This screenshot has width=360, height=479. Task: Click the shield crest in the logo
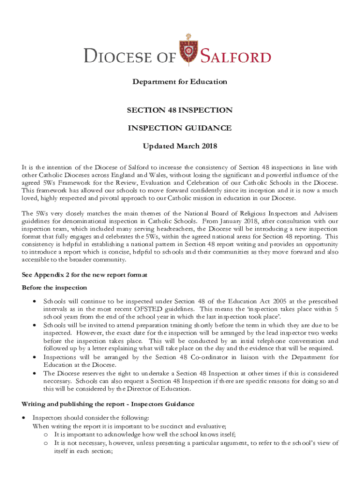[x=188, y=51]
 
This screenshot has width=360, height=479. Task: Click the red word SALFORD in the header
[x=236, y=57]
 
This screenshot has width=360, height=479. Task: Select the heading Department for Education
[x=180, y=82]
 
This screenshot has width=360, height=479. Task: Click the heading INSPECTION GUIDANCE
[x=180, y=128]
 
